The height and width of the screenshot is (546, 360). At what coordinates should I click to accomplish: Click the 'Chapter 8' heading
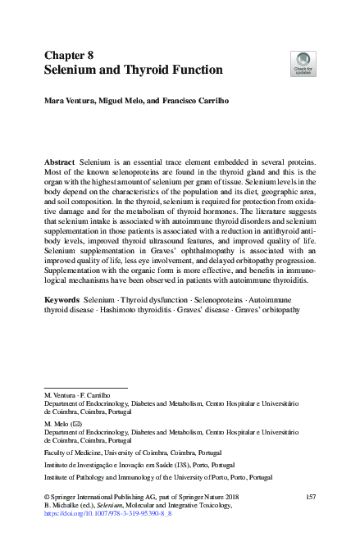[71, 54]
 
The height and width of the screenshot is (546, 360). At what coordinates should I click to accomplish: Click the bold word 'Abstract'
[61, 164]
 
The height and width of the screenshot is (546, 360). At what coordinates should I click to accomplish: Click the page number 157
[310, 496]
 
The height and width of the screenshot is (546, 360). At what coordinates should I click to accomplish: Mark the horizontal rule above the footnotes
[85, 387]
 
